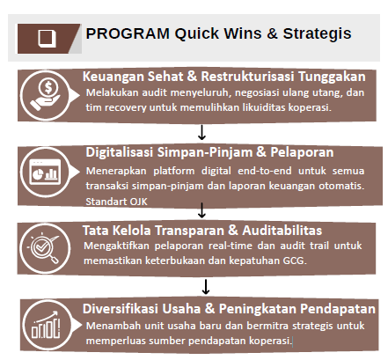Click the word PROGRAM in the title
coord(128,33)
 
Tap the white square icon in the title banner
coord(47,38)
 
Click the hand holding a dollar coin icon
coord(46,95)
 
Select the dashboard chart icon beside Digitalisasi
coord(46,172)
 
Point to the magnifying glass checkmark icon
coord(45,248)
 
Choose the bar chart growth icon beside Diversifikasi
coord(46,325)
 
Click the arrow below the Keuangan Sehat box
coord(201,132)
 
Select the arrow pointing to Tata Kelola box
coord(201,210)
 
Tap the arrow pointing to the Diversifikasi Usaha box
coord(206,287)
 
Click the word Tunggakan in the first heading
coord(332,77)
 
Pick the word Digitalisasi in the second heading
coord(120,152)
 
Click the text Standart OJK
coord(116,202)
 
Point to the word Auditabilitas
coord(282,231)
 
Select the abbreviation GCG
coord(295,261)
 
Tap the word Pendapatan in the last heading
coord(338,309)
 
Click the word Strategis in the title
coord(317,34)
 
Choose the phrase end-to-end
coord(265,171)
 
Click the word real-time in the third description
coord(231,246)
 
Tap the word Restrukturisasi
coord(247,77)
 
